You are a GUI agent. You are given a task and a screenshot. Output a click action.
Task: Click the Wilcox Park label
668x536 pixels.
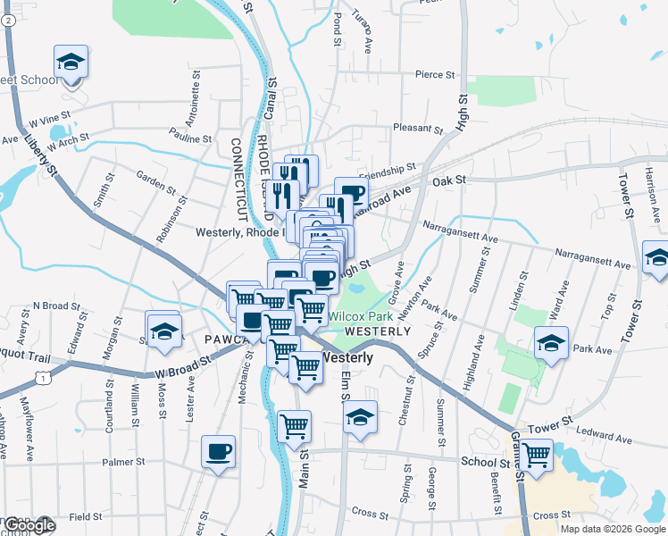pos(359,316)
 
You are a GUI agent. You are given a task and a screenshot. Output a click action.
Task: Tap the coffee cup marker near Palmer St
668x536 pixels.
pos(218,451)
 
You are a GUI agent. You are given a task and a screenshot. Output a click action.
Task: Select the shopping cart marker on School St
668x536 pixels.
pos(537,455)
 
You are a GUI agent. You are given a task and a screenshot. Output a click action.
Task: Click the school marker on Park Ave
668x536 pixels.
pos(551,343)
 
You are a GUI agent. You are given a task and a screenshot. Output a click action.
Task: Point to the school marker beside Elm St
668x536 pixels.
pos(360,417)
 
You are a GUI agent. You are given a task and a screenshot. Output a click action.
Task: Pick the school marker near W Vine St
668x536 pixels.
pos(71,63)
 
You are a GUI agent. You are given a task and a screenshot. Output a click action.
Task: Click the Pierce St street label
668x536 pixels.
pos(435,74)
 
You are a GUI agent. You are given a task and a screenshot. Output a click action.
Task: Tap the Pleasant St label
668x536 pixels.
pos(413,128)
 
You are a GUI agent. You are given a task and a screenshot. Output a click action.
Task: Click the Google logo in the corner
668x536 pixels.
pos(29,525)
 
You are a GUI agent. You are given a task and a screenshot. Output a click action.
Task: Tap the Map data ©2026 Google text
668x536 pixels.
pos(613,529)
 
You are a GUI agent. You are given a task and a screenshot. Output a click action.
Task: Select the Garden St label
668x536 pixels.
pos(155,181)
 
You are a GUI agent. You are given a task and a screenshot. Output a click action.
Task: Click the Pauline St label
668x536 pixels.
pos(189,138)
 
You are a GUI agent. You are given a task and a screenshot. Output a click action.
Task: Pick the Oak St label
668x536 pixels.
pos(450,180)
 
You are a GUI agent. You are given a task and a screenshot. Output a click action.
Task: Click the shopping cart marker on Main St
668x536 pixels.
pos(294,428)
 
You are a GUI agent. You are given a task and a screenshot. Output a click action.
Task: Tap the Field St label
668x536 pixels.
pos(86,516)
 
